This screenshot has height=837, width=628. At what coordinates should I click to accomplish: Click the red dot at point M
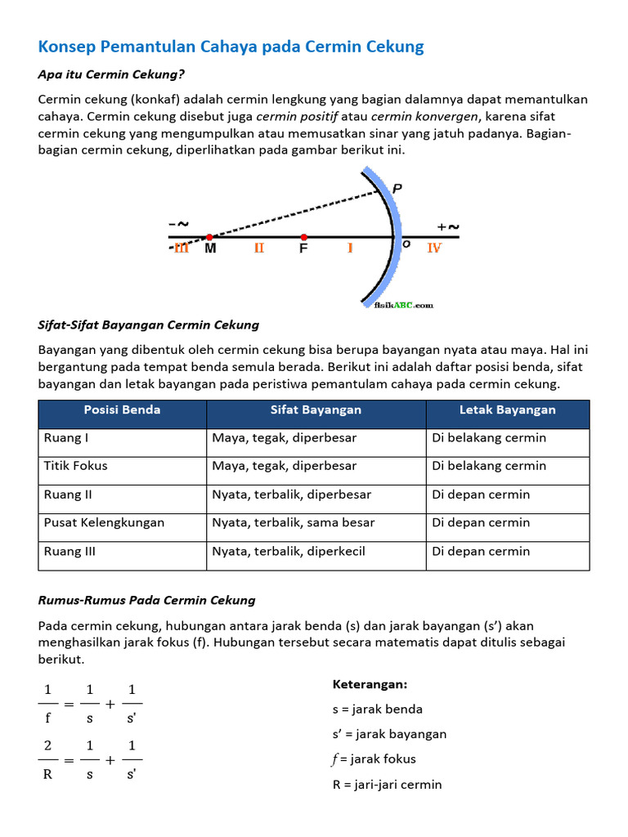[x=209, y=237]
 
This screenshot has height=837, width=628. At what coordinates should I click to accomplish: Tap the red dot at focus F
[x=304, y=237]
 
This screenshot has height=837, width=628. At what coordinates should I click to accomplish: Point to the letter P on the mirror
[x=397, y=189]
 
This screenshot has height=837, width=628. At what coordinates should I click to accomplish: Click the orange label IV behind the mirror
[x=434, y=248]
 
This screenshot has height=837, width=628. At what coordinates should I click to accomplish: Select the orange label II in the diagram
[x=259, y=248]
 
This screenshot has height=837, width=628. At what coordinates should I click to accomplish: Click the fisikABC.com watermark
[x=397, y=305]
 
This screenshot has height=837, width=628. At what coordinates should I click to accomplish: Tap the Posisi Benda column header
[x=123, y=410]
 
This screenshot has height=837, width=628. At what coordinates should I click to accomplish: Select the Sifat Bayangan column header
[x=316, y=410]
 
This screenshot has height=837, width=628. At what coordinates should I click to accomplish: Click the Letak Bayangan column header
[x=507, y=410]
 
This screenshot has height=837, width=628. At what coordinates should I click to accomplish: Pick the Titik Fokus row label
[x=75, y=466]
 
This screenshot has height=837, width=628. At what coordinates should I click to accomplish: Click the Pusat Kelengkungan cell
[x=104, y=522]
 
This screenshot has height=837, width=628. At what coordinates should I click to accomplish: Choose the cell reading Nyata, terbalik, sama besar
[x=294, y=522]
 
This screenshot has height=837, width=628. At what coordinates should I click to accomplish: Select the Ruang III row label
[x=70, y=551]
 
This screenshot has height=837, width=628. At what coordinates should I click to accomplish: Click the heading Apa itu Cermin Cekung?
[x=111, y=74]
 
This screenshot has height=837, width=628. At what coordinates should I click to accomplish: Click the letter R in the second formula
[x=47, y=773]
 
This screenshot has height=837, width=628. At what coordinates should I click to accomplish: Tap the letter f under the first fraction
[x=48, y=718]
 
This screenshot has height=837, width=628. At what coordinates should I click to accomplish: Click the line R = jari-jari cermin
[x=387, y=785]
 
